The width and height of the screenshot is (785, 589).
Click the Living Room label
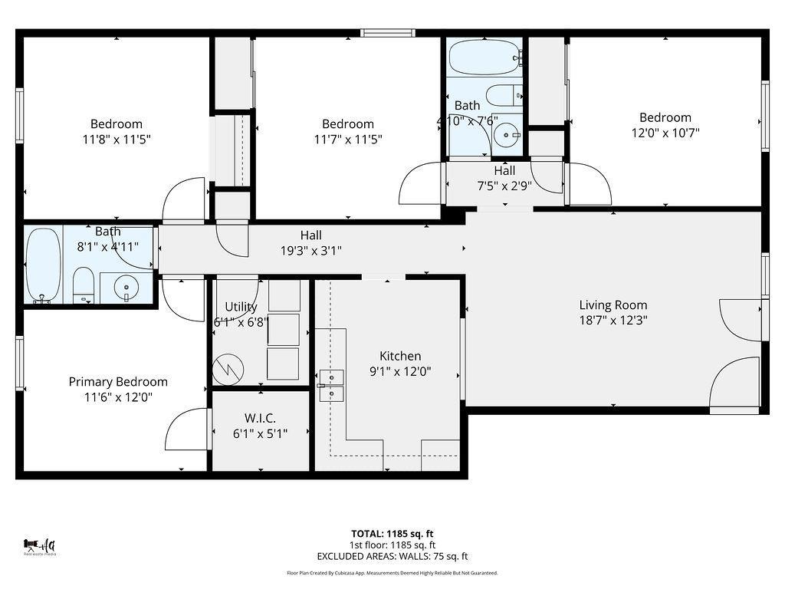[x=613, y=304]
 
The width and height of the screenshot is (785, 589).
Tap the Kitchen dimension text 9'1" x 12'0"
[x=400, y=371]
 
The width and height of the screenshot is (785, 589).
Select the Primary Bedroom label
[x=118, y=381]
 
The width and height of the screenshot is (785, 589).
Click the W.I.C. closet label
[x=260, y=418]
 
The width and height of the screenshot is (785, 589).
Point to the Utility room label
[x=241, y=307]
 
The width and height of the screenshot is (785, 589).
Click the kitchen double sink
[x=331, y=385]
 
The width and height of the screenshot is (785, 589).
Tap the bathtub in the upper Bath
[x=484, y=57]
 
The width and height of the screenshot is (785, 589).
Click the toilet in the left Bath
[x=83, y=285]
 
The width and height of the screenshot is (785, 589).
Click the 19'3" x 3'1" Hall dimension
[x=310, y=250]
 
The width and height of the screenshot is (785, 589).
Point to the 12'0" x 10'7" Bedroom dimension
[x=665, y=133]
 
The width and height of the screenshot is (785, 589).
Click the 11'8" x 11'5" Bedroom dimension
[x=117, y=139]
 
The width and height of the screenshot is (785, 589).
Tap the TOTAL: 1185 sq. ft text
[x=392, y=534]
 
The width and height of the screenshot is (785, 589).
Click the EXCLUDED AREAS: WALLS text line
[x=392, y=557]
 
